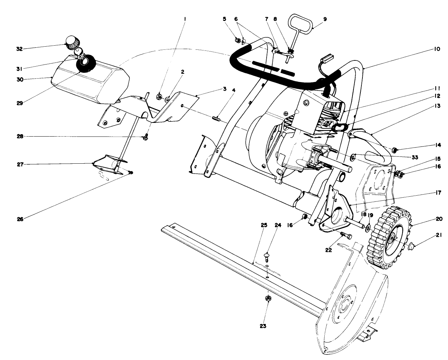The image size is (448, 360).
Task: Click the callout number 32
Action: click(x=19, y=49)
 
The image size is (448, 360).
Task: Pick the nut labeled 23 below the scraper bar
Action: click(x=268, y=299)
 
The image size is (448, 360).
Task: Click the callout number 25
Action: click(x=264, y=225)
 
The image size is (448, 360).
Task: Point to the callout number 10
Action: click(x=437, y=49)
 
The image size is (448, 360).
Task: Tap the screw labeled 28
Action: click(x=145, y=139)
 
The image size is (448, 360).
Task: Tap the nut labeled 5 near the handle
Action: click(x=237, y=40)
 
